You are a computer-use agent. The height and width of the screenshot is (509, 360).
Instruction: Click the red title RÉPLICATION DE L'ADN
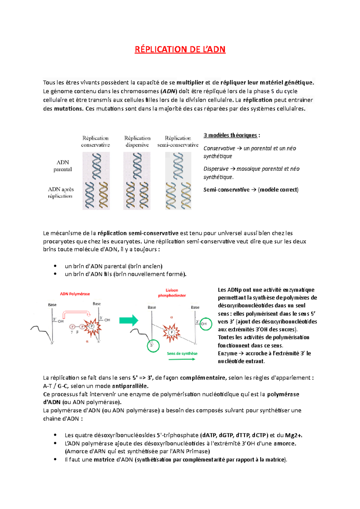180,49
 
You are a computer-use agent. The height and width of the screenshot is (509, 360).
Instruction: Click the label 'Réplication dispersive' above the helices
137,141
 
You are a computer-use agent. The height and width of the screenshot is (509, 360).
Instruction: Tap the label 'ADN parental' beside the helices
63,166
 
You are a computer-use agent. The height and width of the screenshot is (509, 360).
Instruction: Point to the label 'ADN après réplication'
61,193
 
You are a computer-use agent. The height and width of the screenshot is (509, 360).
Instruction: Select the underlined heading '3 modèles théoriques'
230,135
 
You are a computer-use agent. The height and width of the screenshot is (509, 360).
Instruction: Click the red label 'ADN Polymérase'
75,294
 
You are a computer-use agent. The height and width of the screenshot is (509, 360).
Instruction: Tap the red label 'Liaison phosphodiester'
172,293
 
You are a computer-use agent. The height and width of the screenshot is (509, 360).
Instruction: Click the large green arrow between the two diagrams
129,320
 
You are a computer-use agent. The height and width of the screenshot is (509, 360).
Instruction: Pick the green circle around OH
206,324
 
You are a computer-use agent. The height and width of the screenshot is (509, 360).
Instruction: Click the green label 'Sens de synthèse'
182,354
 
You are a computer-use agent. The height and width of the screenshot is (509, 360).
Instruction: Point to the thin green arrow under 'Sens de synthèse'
182,359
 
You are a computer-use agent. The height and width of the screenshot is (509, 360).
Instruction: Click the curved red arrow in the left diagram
76,314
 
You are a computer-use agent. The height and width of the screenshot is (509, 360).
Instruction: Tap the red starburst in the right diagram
171,332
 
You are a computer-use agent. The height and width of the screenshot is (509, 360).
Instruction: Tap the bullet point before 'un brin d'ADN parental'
55,266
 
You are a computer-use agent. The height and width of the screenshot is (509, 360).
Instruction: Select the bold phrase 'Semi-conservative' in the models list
226,190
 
